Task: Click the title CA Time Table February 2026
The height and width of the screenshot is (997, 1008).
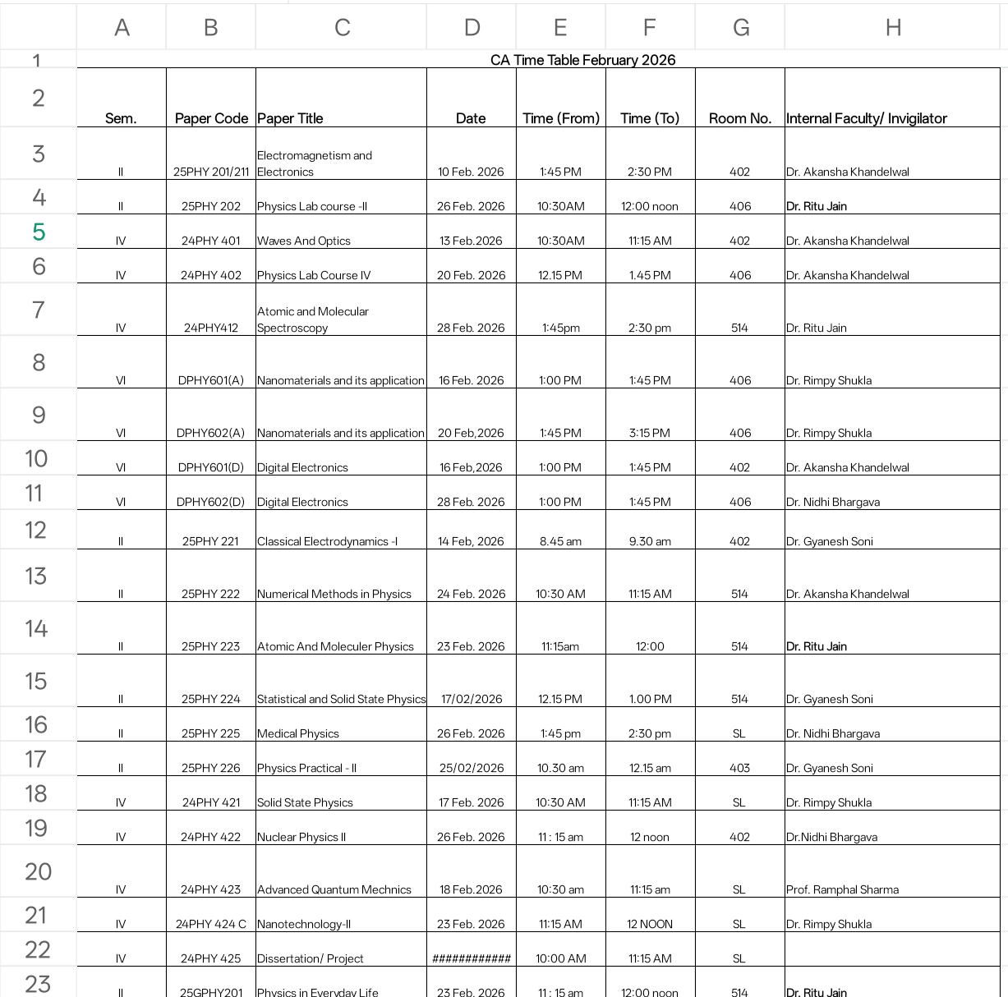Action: tap(582, 60)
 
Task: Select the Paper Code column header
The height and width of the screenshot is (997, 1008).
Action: tap(211, 118)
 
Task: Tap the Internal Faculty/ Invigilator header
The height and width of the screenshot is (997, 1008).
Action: tap(866, 118)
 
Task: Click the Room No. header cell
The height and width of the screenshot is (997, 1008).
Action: tap(739, 118)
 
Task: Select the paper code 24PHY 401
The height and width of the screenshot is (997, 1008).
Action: tap(211, 241)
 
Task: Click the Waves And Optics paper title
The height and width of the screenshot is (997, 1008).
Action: tap(304, 241)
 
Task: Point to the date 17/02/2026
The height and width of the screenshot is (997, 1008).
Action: tap(472, 699)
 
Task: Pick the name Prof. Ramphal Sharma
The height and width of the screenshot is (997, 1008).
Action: tap(842, 889)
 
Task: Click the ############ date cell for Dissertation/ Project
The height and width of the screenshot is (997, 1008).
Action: tap(472, 958)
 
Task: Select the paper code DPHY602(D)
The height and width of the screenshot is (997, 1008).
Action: tap(211, 502)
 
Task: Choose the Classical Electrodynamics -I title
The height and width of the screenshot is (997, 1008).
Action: tap(327, 541)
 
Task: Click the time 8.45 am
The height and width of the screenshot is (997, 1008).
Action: tap(560, 541)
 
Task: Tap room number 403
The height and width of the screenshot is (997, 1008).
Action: tap(739, 768)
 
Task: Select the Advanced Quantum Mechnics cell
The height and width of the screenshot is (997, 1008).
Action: tap(334, 889)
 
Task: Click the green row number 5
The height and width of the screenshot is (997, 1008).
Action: tap(38, 232)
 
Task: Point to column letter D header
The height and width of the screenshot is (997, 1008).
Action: tap(472, 28)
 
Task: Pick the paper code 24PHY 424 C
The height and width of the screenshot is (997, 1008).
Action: tap(211, 924)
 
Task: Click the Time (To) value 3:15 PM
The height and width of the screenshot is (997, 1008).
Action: tap(650, 433)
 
